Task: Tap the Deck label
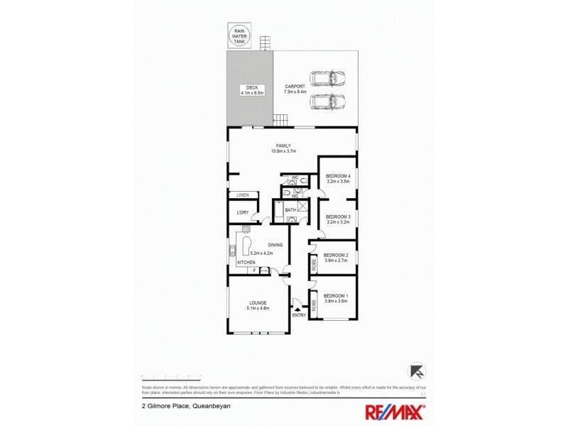[x=251, y=90]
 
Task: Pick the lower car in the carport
[x=327, y=102]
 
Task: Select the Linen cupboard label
[x=244, y=195]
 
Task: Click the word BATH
[x=290, y=210]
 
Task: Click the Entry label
[x=299, y=315]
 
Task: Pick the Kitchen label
[x=246, y=263]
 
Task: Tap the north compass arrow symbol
[x=417, y=371]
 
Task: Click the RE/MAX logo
[x=395, y=411]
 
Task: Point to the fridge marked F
[x=252, y=270]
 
